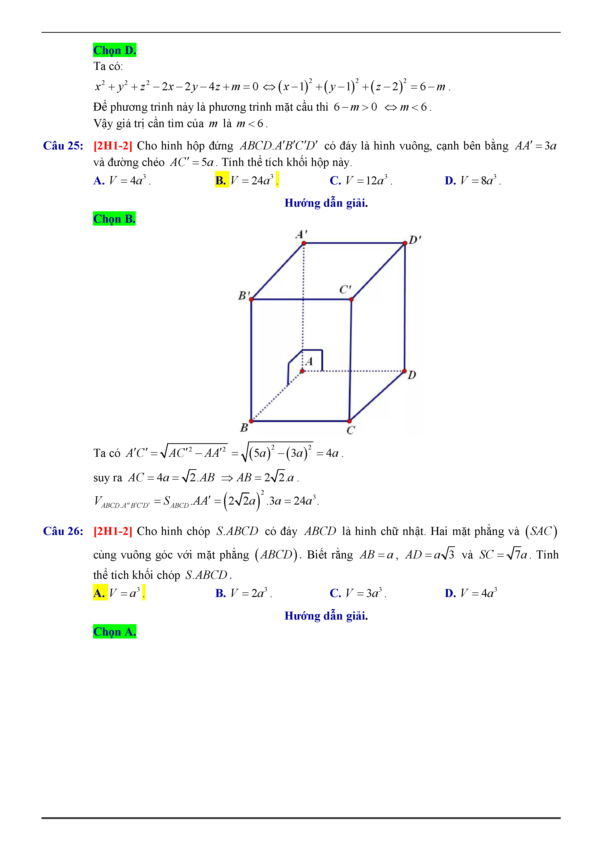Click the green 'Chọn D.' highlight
click(114, 50)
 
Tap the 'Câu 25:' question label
click(63, 146)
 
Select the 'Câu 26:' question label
click(63, 531)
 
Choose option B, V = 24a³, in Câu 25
click(246, 180)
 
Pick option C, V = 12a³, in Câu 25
click(360, 180)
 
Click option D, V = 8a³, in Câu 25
click(472, 180)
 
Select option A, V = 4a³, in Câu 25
click(122, 180)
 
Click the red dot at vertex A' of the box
click(304, 243)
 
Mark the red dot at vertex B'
click(251, 299)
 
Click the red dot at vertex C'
click(351, 299)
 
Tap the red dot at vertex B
click(251, 421)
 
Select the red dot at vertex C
click(349, 421)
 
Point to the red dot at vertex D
click(404, 371)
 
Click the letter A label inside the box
click(309, 361)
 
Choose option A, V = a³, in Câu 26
click(119, 593)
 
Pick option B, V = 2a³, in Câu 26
click(243, 593)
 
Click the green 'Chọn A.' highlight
click(114, 631)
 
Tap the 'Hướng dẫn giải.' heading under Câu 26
click(326, 616)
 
